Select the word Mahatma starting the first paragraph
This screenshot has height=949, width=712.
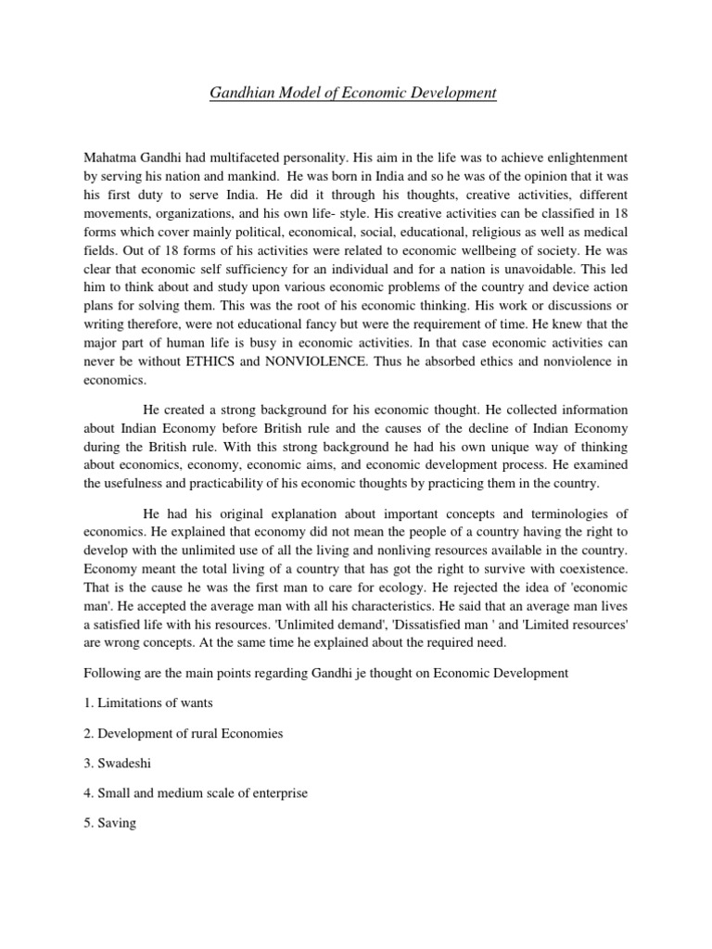pyautogui.click(x=109, y=158)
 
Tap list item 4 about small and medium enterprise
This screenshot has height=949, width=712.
pyautogui.click(x=195, y=793)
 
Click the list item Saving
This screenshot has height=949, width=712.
pyautogui.click(x=110, y=823)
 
